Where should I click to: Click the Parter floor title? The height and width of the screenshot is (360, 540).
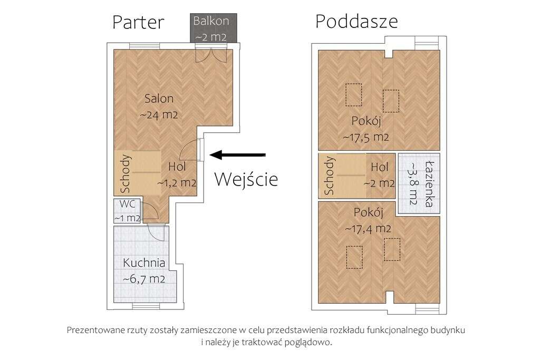click(138, 22)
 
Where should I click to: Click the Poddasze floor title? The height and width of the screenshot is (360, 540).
click(356, 21)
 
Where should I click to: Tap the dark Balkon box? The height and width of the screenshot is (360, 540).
click(211, 29)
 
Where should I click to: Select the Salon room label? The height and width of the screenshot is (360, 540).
click(159, 99)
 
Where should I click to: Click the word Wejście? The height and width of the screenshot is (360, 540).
click(246, 179)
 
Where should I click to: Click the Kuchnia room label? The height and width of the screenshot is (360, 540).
click(144, 262)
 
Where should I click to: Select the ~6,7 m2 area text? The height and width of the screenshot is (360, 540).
click(144, 278)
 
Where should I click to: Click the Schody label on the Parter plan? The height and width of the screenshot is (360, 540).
click(126, 173)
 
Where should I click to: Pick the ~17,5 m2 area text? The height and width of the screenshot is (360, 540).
click(366, 137)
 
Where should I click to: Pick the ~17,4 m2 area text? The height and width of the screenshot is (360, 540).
click(368, 229)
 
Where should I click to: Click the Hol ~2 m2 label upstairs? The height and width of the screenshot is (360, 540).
click(380, 175)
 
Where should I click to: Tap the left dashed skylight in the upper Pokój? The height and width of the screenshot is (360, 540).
click(353, 93)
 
